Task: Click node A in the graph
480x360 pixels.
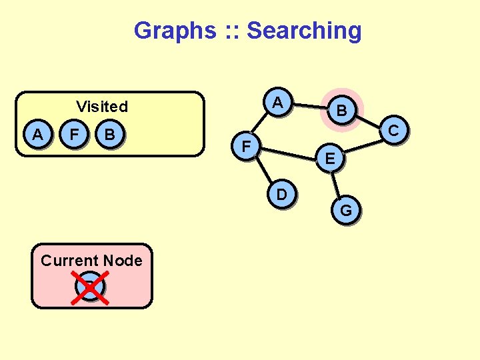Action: (279, 103)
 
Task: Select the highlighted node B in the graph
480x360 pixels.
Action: (341, 110)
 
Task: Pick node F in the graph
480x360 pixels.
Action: (247, 145)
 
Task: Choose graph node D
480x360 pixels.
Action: (282, 195)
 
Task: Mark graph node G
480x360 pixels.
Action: (346, 211)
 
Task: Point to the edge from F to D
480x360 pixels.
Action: (264, 170)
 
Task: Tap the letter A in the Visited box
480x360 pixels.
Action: (38, 135)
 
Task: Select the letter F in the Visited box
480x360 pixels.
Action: (74, 135)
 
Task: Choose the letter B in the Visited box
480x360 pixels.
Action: (110, 135)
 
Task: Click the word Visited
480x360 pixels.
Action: (102, 107)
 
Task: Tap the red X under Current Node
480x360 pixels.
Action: (91, 287)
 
